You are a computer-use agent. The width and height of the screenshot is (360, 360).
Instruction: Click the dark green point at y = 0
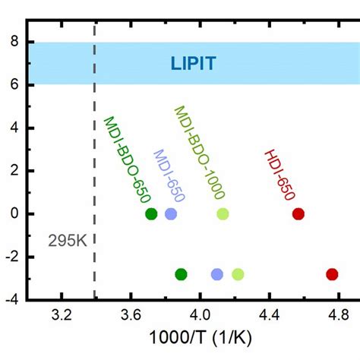click(x=151, y=214)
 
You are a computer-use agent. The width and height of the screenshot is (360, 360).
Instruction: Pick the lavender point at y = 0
click(x=171, y=214)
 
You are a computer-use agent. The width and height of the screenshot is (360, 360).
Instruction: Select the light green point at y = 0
click(x=223, y=214)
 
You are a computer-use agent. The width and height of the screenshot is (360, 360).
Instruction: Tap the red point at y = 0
click(x=298, y=214)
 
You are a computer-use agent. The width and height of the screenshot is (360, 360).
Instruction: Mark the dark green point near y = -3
click(x=181, y=274)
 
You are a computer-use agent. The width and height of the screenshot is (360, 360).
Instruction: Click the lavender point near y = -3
click(x=217, y=274)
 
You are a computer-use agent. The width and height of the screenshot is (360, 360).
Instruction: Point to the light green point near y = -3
click(x=238, y=274)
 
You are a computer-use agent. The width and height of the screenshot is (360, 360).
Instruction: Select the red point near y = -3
click(x=332, y=274)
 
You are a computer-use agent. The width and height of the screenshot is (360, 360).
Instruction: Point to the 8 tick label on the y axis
click(x=14, y=42)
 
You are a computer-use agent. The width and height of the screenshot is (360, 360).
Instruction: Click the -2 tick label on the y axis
click(x=11, y=257)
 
